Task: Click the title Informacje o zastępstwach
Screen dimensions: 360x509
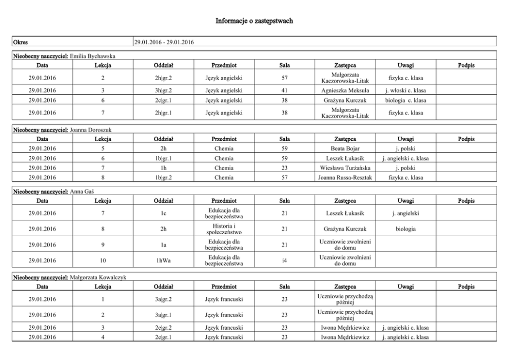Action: [254, 21]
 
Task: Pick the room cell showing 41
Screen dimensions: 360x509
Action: [284, 90]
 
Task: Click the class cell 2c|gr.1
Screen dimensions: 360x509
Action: [163, 100]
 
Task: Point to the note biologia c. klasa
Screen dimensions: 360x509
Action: [405, 100]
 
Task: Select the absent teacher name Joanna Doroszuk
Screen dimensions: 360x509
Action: [90, 130]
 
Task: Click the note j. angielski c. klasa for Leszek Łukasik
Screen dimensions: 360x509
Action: [405, 158]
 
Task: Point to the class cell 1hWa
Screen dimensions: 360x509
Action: [163, 261]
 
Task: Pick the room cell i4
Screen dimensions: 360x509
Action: [284, 261]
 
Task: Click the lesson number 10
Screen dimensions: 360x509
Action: [103, 261]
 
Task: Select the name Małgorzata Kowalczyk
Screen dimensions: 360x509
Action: [97, 277]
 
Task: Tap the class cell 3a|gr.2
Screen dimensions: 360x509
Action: [163, 299]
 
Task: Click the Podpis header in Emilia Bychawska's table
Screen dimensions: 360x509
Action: [466, 65]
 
